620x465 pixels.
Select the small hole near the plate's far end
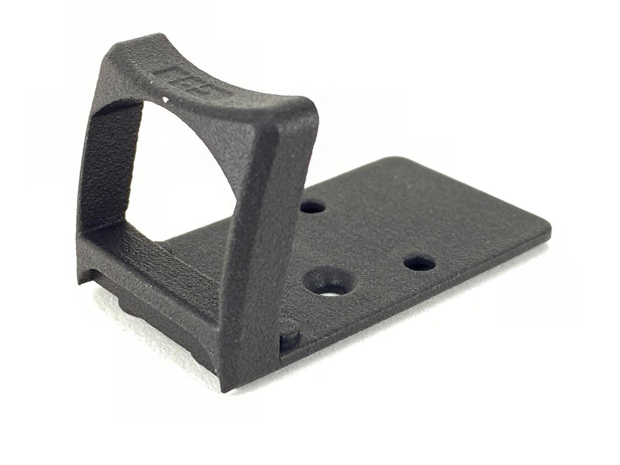(x=419, y=264)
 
